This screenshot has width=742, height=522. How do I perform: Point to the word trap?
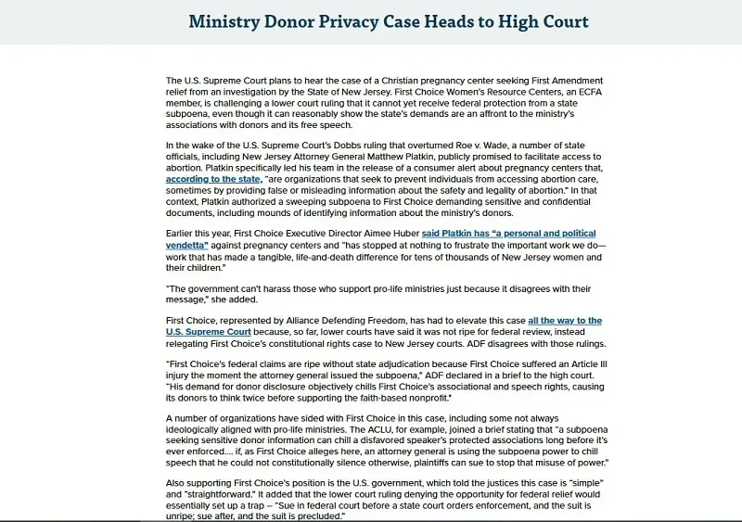[x=370, y=505]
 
